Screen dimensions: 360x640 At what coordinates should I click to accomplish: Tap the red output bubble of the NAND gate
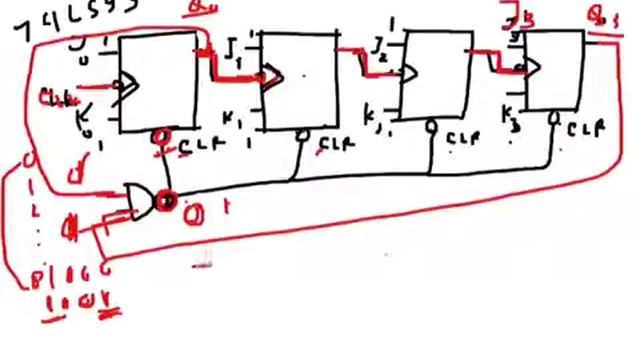point(166,202)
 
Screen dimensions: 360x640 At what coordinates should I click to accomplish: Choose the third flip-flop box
point(436,79)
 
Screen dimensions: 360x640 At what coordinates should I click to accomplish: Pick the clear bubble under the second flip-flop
point(302,133)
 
